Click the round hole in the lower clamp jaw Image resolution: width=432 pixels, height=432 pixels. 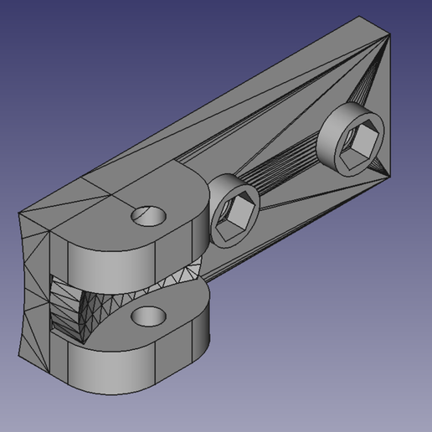(x=149, y=316)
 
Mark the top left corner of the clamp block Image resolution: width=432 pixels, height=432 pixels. (x=20, y=213)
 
